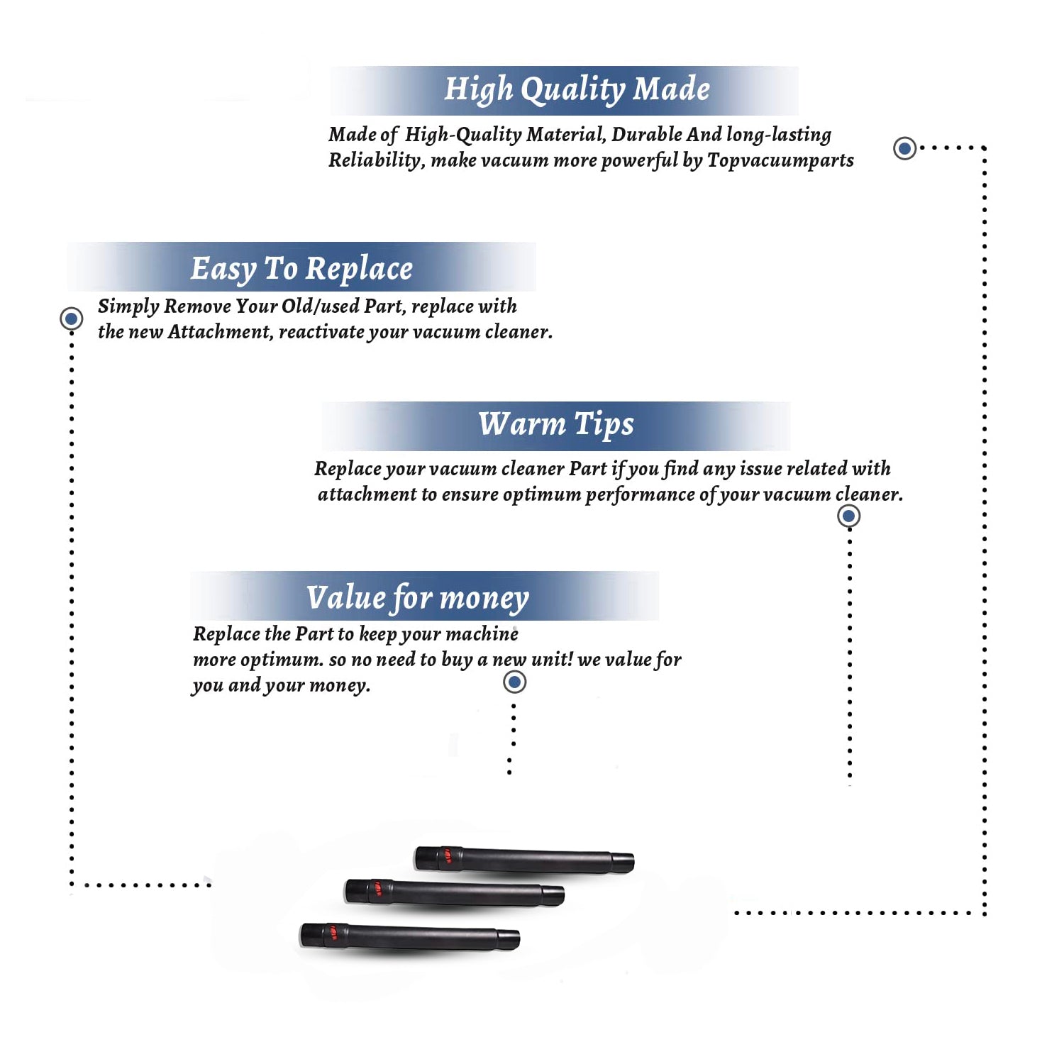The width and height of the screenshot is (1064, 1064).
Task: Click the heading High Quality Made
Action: (x=577, y=90)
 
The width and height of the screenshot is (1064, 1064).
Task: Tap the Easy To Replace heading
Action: (x=301, y=269)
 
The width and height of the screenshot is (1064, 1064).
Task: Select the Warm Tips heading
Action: (x=556, y=424)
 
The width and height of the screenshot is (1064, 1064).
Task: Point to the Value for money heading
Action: (x=418, y=598)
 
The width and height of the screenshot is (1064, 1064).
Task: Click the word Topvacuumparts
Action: (x=780, y=161)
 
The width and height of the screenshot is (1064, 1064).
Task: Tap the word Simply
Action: (x=128, y=306)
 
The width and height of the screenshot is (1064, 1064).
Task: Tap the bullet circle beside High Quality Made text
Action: (x=904, y=148)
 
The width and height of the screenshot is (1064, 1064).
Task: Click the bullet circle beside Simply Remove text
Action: (x=71, y=318)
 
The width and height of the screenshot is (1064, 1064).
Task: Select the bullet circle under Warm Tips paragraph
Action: (x=848, y=516)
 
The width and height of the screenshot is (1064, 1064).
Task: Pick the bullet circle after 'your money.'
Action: (x=514, y=682)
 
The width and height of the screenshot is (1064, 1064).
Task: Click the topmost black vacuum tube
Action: (x=524, y=860)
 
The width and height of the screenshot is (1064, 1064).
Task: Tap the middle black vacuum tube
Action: (x=455, y=892)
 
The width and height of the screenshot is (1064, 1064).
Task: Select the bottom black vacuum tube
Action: (x=410, y=936)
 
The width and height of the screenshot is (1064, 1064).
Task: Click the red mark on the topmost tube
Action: (x=448, y=856)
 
